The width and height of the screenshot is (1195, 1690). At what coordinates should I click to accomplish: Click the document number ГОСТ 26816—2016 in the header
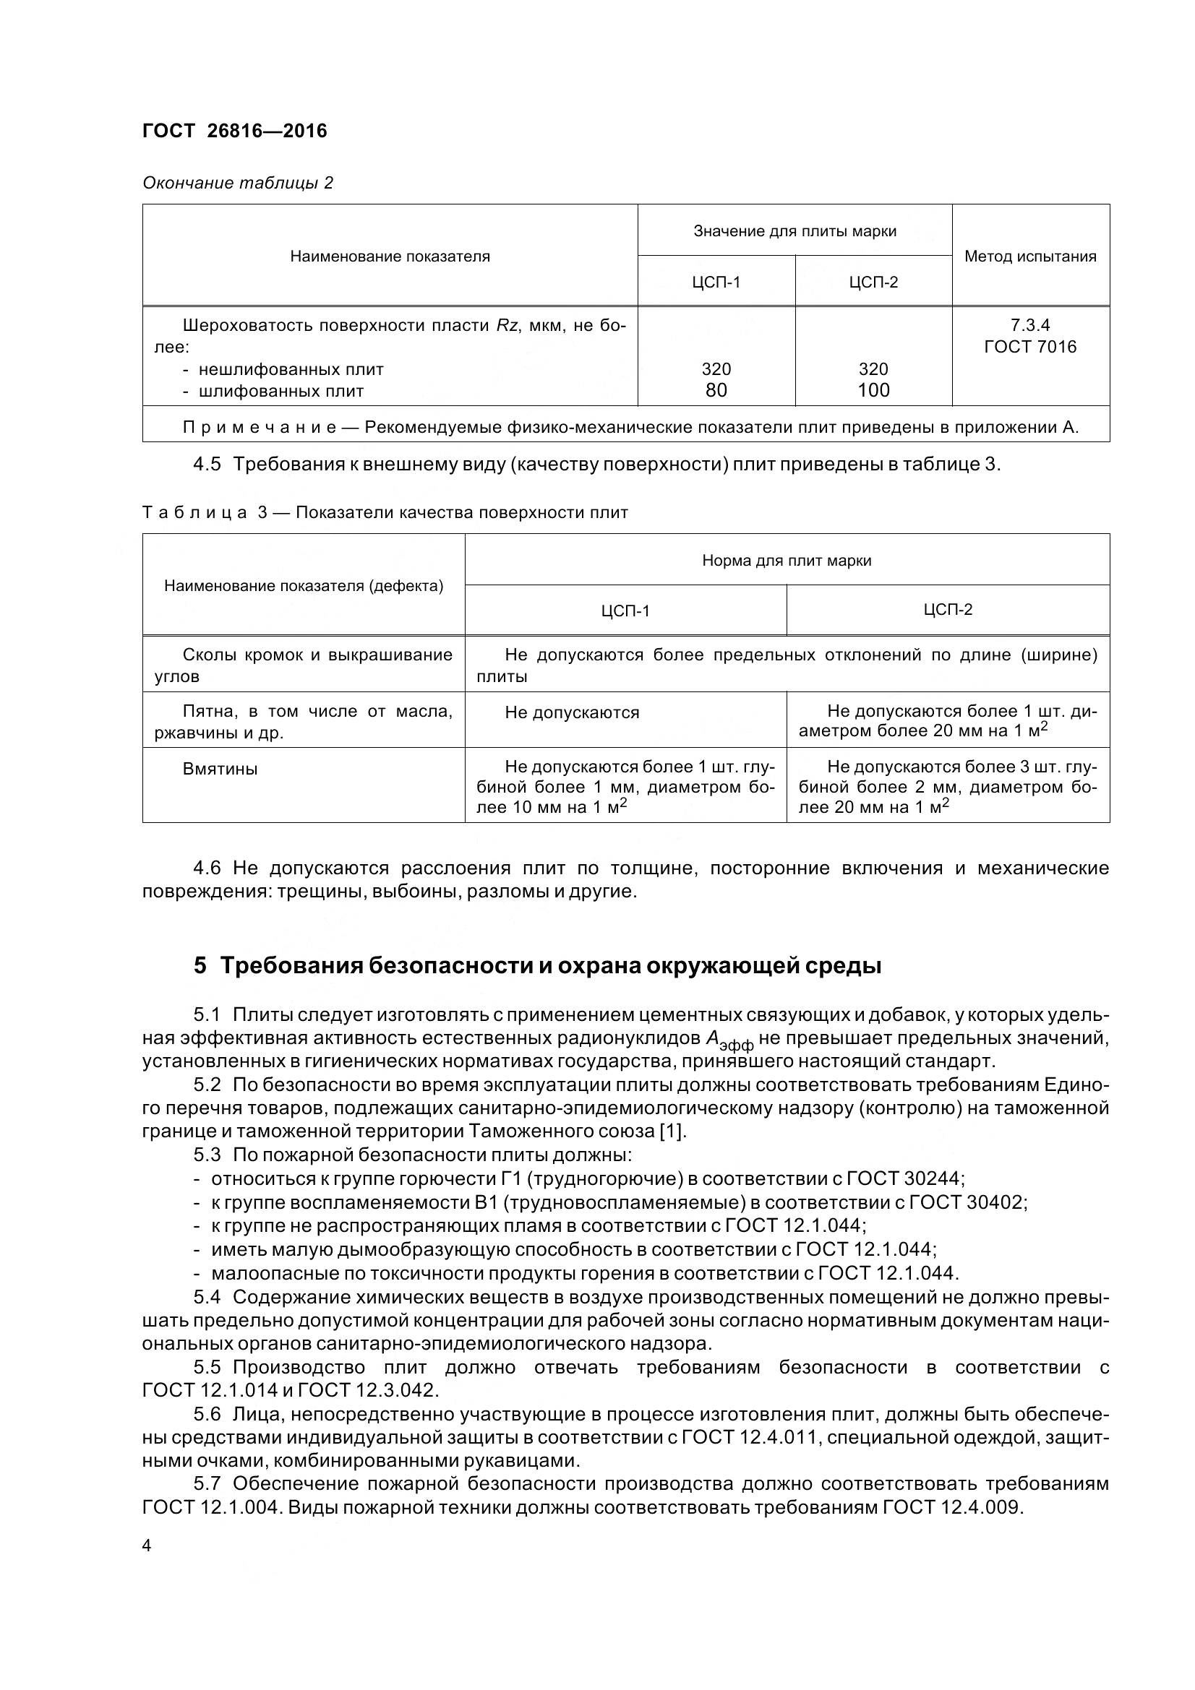[234, 131]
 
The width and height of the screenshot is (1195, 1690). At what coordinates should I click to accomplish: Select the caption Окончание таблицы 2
[238, 183]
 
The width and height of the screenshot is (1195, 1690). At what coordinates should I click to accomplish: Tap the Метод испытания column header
[1030, 256]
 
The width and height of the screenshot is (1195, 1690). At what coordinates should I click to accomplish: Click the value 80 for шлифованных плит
[716, 390]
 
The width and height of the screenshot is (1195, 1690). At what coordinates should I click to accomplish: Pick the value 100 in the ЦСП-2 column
[873, 390]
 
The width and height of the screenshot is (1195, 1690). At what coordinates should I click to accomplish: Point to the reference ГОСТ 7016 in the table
[1030, 347]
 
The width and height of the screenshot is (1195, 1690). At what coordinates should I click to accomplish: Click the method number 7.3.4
[1030, 325]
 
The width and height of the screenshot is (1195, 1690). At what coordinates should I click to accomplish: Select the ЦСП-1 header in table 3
[625, 611]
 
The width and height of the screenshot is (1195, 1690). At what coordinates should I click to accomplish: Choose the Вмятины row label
[220, 769]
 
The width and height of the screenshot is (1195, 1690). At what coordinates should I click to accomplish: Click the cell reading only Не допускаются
[572, 712]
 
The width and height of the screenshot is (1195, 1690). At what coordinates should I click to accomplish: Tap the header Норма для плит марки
[787, 561]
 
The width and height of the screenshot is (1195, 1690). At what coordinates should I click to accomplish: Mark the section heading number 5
[200, 965]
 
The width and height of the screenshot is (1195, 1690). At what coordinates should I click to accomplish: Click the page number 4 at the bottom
[147, 1545]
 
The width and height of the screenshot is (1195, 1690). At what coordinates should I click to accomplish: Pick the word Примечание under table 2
[260, 428]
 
